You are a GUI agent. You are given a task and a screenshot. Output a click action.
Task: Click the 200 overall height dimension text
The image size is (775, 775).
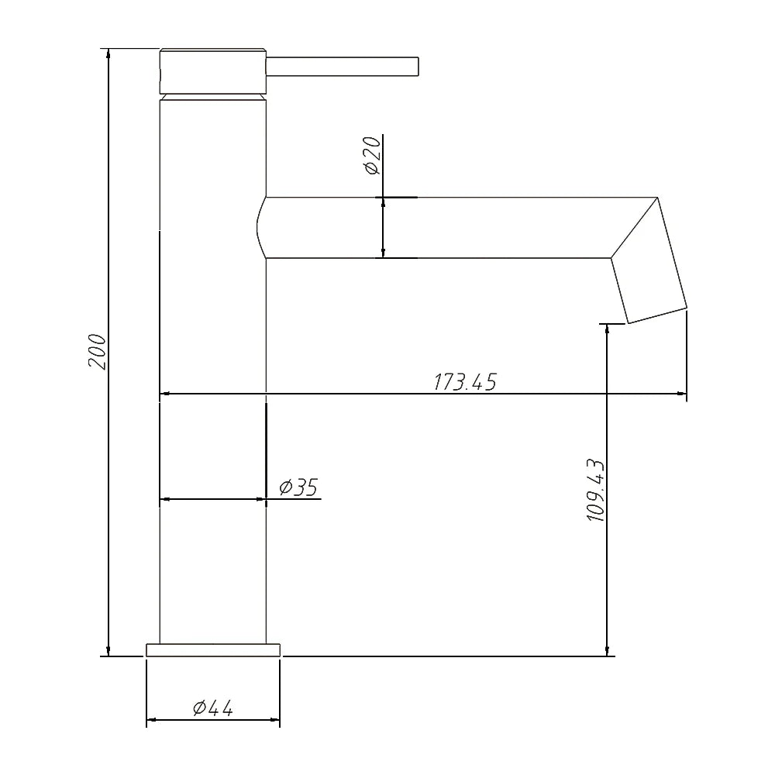[97, 351]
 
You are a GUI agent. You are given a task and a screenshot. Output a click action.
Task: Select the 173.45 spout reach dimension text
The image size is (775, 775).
[464, 381]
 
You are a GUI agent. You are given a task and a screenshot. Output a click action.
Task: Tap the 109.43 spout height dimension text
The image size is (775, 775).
[596, 489]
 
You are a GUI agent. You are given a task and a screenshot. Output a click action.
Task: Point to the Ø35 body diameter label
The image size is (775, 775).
[298, 487]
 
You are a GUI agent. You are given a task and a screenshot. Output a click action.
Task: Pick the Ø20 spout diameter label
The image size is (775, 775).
[373, 155]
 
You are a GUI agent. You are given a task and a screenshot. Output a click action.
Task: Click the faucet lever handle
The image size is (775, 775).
[343, 67]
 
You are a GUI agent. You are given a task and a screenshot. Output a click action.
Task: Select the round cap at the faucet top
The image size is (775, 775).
[213, 71]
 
